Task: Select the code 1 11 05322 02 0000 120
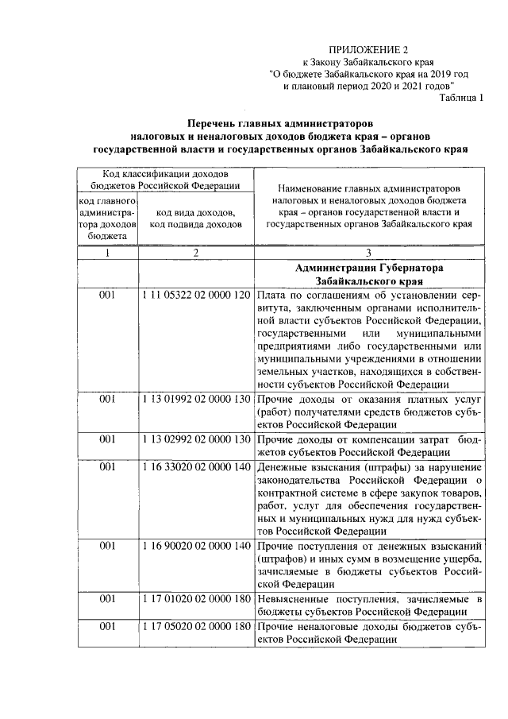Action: pyautogui.click(x=196, y=295)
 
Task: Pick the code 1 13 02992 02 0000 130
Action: pyautogui.click(x=196, y=439)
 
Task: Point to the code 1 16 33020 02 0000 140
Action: pyautogui.click(x=196, y=465)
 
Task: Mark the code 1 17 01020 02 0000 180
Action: pyautogui.click(x=196, y=598)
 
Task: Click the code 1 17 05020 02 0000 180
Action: pyautogui.click(x=196, y=628)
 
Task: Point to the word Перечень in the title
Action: pyautogui.click(x=214, y=124)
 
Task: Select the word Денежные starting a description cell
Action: pyautogui.click(x=282, y=465)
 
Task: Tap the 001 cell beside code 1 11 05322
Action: pyautogui.click(x=107, y=295)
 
